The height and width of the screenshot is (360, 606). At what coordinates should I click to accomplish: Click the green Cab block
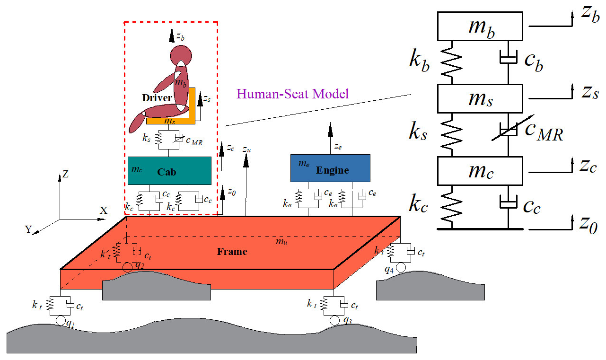point(169,171)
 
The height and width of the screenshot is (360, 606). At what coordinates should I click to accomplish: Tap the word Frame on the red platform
point(232,252)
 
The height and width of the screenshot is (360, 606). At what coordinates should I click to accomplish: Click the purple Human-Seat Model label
point(292,94)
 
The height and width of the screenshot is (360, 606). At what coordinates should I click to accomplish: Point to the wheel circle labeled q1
point(61,321)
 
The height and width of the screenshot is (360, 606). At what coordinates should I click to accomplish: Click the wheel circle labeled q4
point(401,268)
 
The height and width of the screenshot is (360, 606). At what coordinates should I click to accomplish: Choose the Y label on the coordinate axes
point(28,229)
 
